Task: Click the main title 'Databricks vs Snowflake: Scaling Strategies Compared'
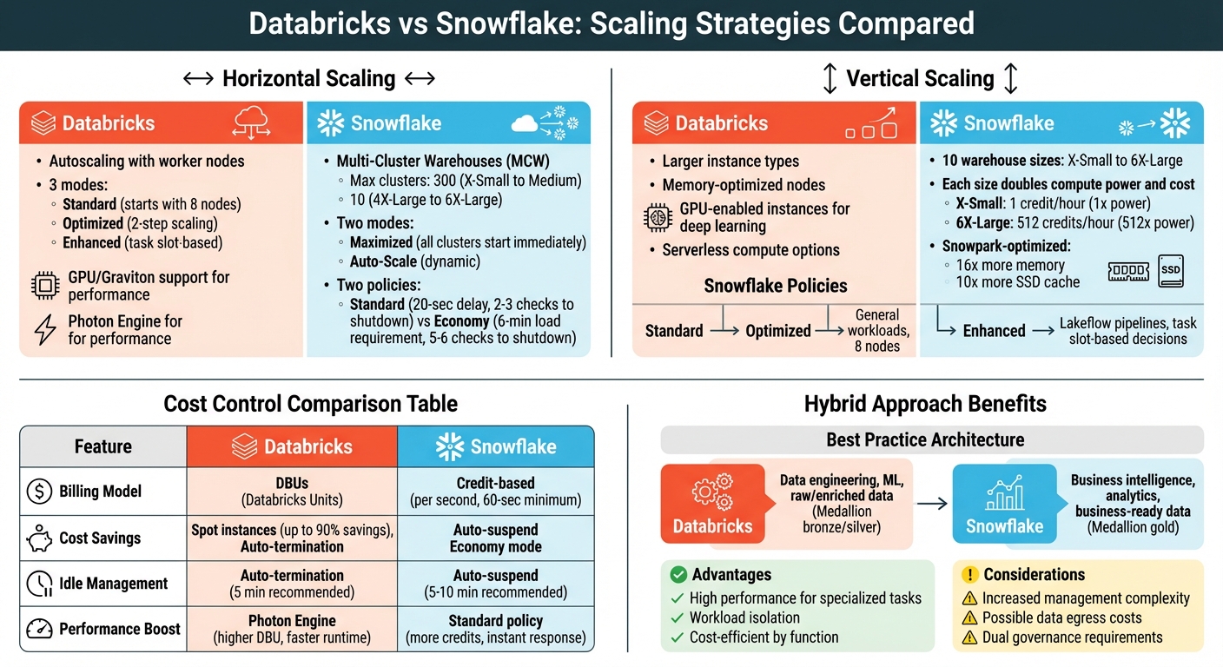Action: coord(611,23)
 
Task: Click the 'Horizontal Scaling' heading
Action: coord(308,78)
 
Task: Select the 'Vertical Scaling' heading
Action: coord(920,78)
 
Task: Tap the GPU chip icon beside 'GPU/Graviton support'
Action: coord(44,286)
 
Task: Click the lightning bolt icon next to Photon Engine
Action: coord(44,330)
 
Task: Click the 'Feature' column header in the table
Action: coord(102,446)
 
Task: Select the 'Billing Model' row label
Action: coord(100,492)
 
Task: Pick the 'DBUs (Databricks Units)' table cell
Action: coord(291,492)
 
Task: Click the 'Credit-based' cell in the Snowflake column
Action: coord(495,492)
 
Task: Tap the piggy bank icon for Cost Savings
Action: coord(40,538)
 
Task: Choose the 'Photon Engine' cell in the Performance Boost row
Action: coord(291,629)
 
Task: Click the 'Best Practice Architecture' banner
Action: coord(925,439)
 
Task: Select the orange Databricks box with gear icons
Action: coord(712,504)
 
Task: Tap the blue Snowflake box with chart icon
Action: coord(1004,504)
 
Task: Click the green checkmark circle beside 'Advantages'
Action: coord(678,574)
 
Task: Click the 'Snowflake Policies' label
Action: coord(775,286)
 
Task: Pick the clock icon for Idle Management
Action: coord(40,584)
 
